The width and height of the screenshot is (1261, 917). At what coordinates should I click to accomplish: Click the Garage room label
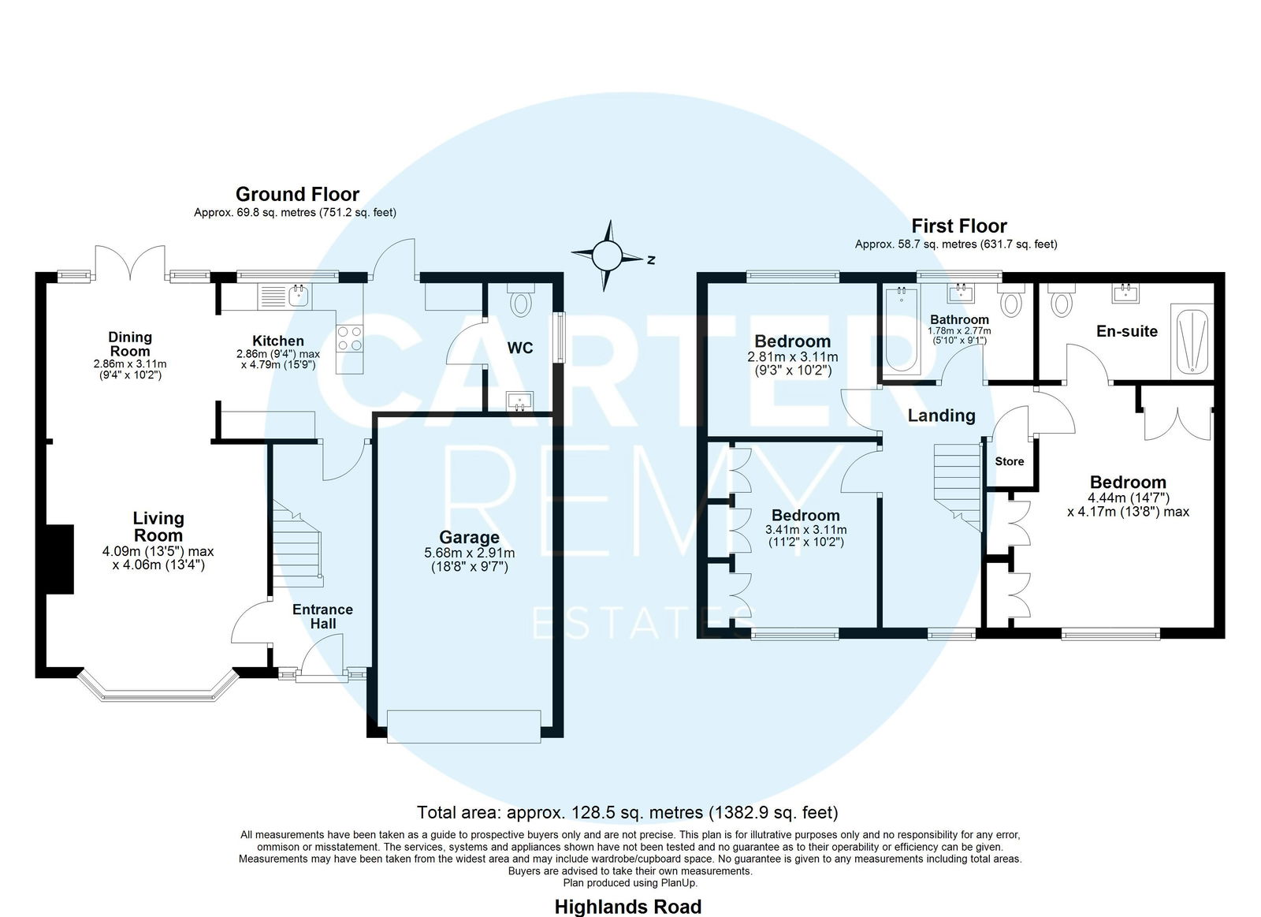coord(469,537)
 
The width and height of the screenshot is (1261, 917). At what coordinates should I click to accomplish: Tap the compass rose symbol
coord(607,256)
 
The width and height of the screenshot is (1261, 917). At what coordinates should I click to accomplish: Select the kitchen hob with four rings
coord(350,338)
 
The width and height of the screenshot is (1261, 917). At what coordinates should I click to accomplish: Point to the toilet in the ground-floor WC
coord(521,300)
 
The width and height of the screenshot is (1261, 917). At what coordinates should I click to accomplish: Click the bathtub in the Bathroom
coord(902,330)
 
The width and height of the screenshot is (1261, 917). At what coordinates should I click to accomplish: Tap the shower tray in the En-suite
coord(1192,341)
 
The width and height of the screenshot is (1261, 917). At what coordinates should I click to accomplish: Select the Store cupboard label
coord(1010,461)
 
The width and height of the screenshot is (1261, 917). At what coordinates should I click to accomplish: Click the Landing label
coord(941,416)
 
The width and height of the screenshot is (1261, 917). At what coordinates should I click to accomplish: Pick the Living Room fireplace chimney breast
coord(60,559)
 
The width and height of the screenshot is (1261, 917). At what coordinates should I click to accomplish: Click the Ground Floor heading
coord(297,194)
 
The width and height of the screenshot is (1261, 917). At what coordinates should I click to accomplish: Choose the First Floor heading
coord(959,226)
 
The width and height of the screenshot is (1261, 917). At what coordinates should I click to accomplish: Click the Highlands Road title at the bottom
coord(628,907)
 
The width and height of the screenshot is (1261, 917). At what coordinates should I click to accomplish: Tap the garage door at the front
coord(464,727)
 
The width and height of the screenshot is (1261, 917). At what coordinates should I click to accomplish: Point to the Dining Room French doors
coord(131,263)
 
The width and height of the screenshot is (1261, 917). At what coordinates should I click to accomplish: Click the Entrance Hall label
coord(322,617)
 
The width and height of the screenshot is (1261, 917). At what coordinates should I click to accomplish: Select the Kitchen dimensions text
coord(278,360)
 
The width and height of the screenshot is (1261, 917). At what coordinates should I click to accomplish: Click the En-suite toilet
coord(1061,300)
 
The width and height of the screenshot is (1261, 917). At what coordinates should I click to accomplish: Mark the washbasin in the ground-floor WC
coord(519,401)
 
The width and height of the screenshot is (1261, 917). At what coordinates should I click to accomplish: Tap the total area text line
coord(627,812)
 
